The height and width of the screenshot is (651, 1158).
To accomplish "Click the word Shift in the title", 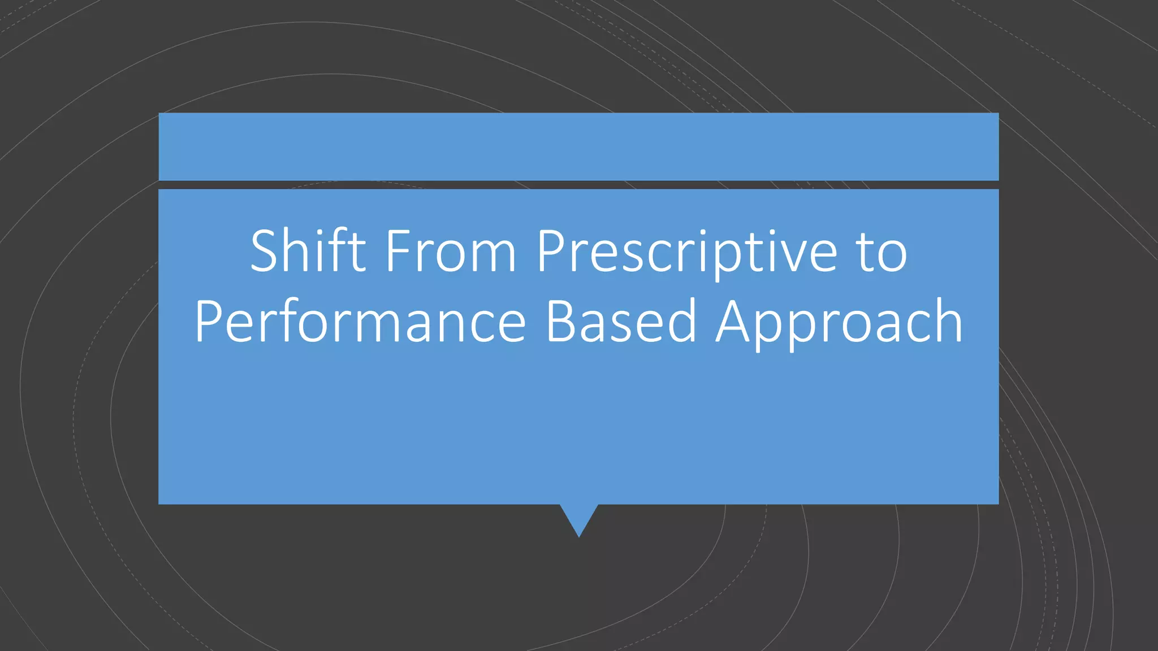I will pos(308,251).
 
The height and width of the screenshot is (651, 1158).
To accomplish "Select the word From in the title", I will pos(451,251).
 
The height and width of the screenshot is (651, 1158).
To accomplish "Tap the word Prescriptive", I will pos(686,252).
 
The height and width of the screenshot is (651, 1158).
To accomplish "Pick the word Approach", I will pos(839,322).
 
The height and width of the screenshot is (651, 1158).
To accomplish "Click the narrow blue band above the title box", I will pos(578,146).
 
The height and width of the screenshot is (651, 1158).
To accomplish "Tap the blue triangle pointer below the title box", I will pos(578,517).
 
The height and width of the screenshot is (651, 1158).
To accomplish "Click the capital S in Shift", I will pos(266,251).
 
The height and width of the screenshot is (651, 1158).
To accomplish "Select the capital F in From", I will pos(397,251).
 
